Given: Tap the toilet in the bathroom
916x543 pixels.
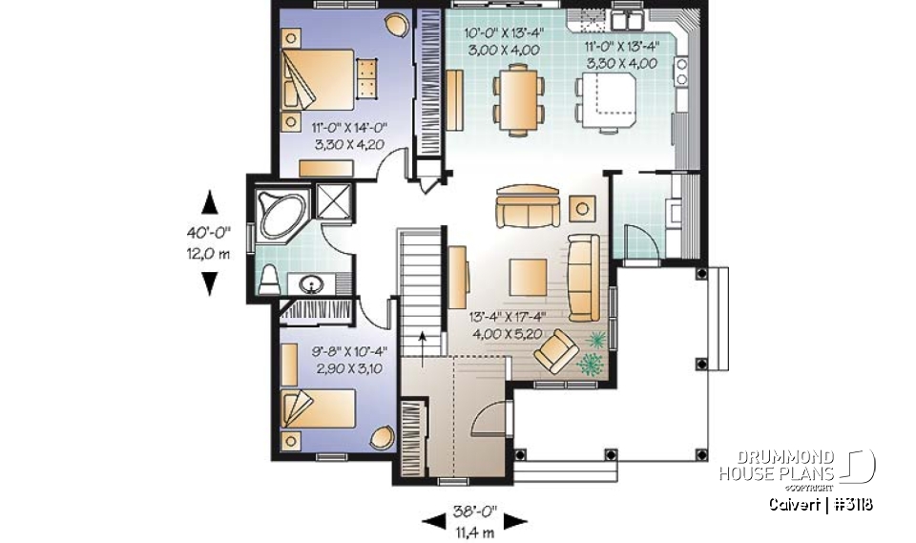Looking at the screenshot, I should pyautogui.click(x=270, y=279).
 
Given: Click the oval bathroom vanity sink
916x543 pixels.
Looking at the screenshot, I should pyautogui.click(x=311, y=283).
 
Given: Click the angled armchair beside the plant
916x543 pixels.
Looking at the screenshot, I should pyautogui.click(x=554, y=356).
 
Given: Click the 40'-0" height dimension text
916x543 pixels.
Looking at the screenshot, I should pyautogui.click(x=208, y=232).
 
